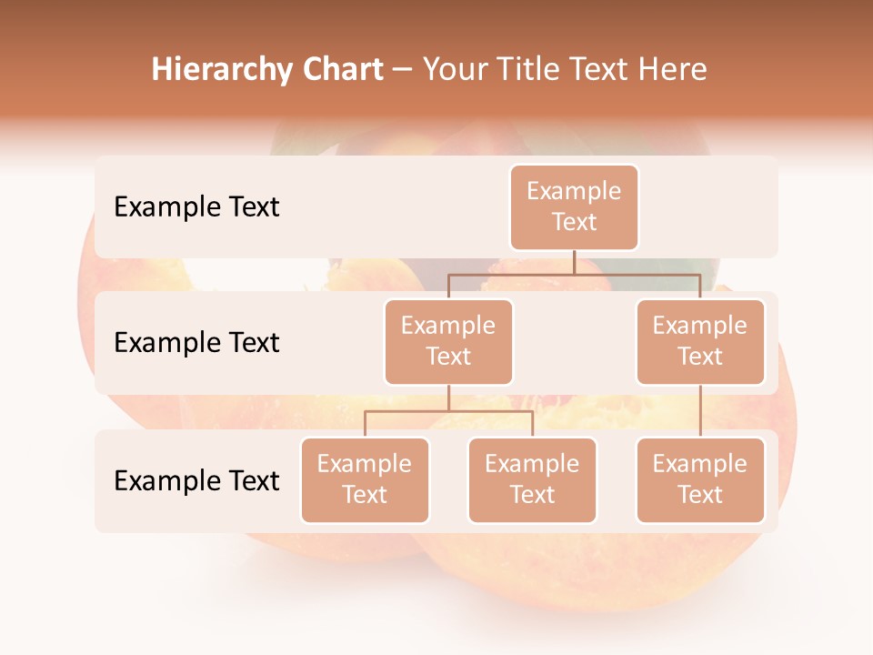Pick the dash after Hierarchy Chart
(403, 71)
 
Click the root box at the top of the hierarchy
(574, 207)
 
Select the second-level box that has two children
(448, 341)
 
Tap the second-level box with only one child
(700, 341)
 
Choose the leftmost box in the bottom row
(365, 479)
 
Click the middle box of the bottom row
(532, 479)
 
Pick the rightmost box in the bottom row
(700, 479)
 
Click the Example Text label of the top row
(196, 207)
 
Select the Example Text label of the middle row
(196, 342)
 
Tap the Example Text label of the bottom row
(196, 480)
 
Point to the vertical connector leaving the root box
(574, 262)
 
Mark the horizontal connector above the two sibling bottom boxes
(448, 411)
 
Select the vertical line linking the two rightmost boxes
(700, 411)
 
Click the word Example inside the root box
(574, 191)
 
